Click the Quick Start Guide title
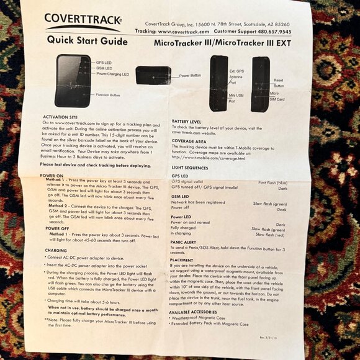(87, 41)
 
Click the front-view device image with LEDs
(73, 80)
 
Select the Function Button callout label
(107, 95)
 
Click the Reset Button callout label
(278, 83)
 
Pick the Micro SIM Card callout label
(277, 96)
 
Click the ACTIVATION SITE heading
(60, 117)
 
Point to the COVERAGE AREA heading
(189, 140)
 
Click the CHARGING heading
(56, 251)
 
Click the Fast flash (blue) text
(272, 182)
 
